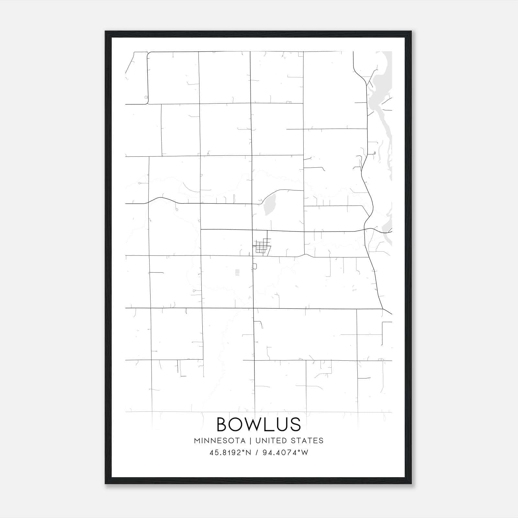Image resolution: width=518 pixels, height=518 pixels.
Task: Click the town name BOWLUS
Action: [258, 424]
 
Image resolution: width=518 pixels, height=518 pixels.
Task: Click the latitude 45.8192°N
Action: [230, 453]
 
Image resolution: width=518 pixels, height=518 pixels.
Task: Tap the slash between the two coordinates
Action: [257, 453]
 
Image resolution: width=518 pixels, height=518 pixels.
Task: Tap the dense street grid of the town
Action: [261, 247]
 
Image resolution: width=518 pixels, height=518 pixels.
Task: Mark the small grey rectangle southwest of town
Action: [237, 272]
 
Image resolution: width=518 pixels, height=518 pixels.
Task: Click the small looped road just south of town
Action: [255, 266]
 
